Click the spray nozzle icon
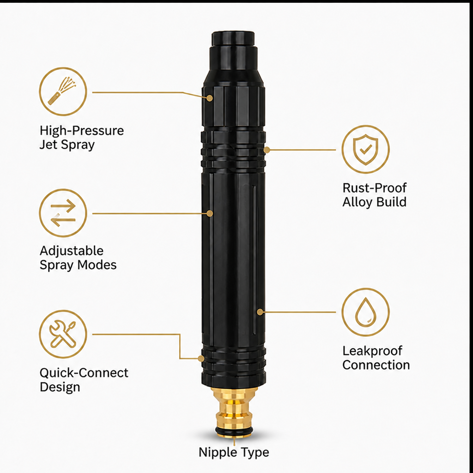63,91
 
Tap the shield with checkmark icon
366,149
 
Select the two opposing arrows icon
63,213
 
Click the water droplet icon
366,312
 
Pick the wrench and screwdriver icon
63,334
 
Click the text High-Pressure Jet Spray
81,138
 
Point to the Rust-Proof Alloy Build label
374,195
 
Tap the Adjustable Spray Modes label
78,258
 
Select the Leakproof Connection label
376,358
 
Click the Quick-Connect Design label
84,380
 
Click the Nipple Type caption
234,452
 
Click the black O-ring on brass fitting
234,431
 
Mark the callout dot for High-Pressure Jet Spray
210,98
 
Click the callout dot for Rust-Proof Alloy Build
267,150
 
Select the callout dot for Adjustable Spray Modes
210,213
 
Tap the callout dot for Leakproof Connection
260,312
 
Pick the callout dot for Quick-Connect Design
201,358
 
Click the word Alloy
357,202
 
